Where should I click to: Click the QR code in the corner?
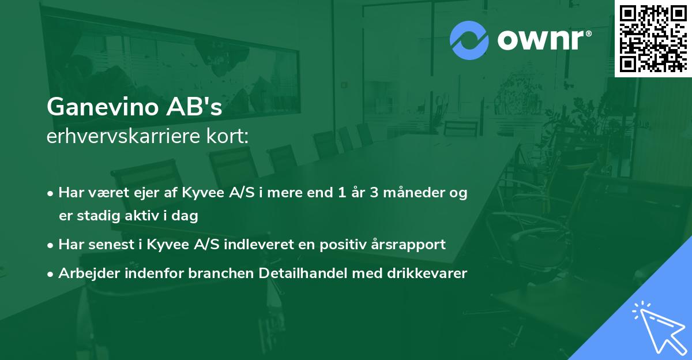pyautogui.click(x=653, y=38)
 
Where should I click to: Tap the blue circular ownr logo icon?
pyautogui.click(x=469, y=40)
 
